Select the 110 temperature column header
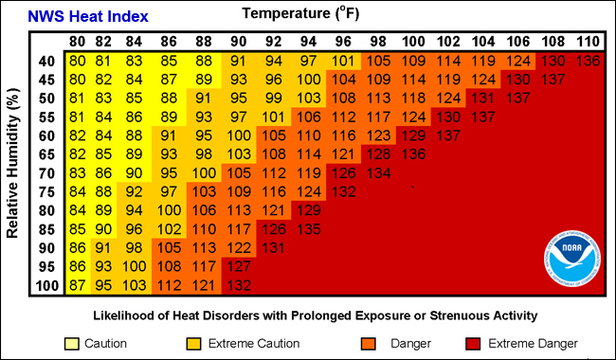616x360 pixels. click(587, 42)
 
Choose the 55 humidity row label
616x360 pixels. click(46, 117)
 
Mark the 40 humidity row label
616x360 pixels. click(46, 61)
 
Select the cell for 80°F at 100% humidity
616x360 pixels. click(77, 285)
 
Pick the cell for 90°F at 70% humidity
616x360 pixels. click(240, 172)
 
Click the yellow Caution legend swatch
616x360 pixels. click(71, 342)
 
